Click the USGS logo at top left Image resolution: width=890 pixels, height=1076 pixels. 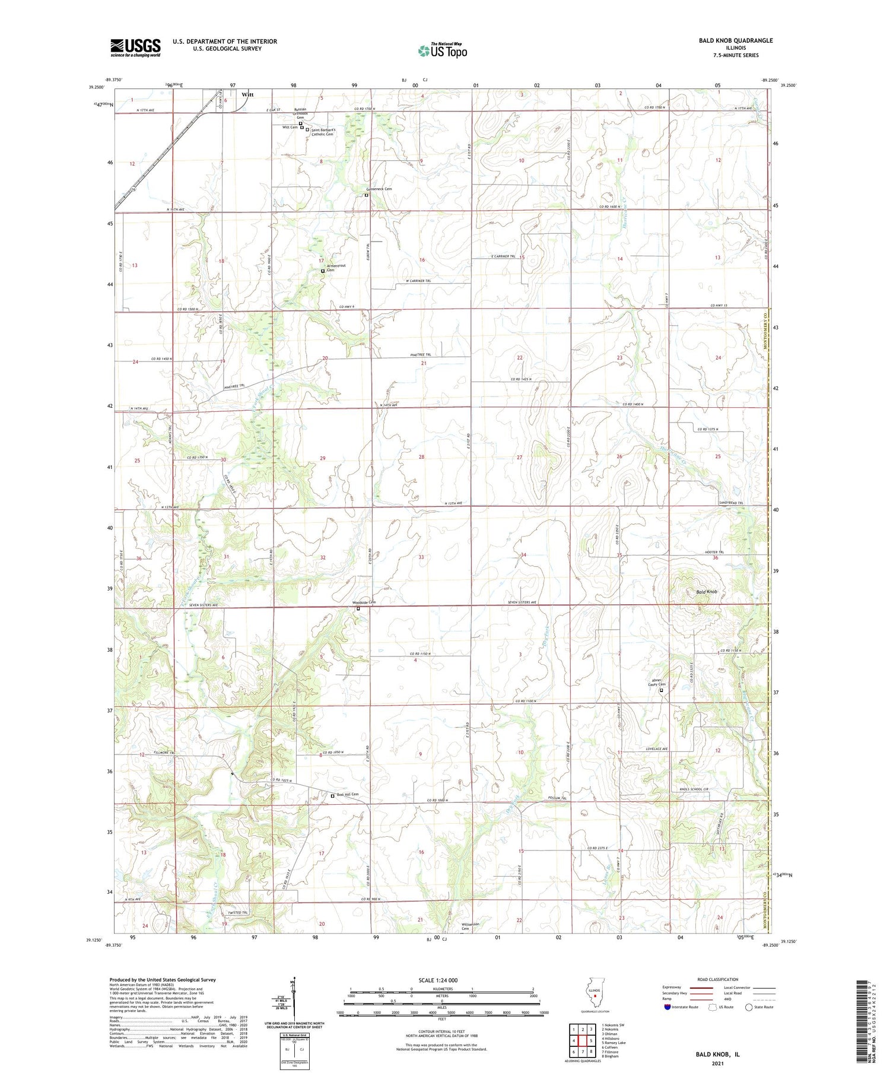point(135,47)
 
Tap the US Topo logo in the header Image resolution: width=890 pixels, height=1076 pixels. point(443,50)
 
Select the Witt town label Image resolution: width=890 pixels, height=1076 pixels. point(247,94)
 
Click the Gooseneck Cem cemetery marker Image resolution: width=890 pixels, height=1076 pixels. point(366,195)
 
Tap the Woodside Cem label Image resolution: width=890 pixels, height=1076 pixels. point(364,602)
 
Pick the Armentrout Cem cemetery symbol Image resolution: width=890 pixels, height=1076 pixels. point(323,271)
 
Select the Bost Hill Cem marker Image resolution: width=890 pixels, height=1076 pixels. point(332,796)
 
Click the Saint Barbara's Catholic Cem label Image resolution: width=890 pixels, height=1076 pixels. point(324,132)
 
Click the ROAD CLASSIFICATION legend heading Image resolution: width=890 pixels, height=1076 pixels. point(718,979)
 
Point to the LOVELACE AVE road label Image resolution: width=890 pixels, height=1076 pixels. point(657,749)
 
